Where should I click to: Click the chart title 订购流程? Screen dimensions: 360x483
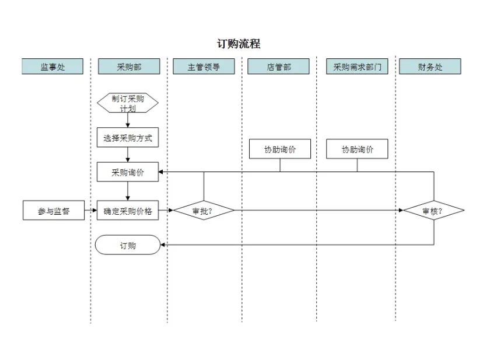click(239, 44)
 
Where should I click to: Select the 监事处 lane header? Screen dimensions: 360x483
click(52, 67)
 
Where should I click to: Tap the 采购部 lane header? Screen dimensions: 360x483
click(129, 67)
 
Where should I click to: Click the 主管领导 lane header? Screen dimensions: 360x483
click(204, 67)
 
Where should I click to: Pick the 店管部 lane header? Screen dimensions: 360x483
click(278, 67)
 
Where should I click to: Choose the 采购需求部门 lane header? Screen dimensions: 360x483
click(357, 67)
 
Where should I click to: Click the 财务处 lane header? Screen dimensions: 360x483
click(430, 67)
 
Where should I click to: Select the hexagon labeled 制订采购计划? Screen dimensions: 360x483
click(128, 103)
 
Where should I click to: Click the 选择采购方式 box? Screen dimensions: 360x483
click(128, 138)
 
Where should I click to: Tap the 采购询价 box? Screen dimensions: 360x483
click(128, 172)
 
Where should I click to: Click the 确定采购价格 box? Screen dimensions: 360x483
click(128, 211)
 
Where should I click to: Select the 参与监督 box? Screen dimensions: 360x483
click(54, 211)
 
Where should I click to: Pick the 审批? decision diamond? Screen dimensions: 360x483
click(204, 211)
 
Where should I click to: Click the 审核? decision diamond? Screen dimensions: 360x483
click(433, 211)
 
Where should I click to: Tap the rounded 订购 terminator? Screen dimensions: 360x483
click(128, 245)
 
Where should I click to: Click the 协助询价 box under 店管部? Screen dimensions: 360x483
click(280, 149)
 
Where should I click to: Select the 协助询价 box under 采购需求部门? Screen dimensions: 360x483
click(357, 149)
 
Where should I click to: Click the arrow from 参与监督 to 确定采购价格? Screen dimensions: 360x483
click(90, 211)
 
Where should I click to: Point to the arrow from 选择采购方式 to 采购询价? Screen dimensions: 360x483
click(128, 155)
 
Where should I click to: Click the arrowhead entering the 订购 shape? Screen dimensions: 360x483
click(163, 245)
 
